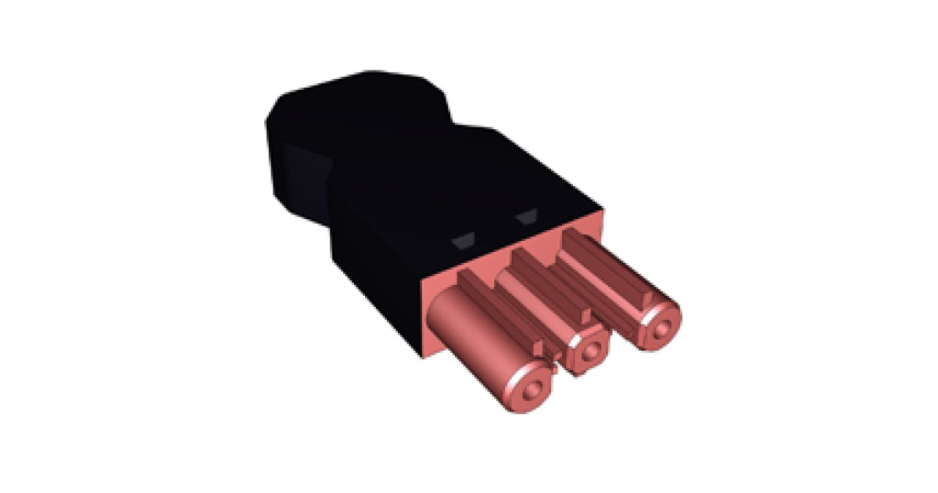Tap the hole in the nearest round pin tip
coord(532,387)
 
